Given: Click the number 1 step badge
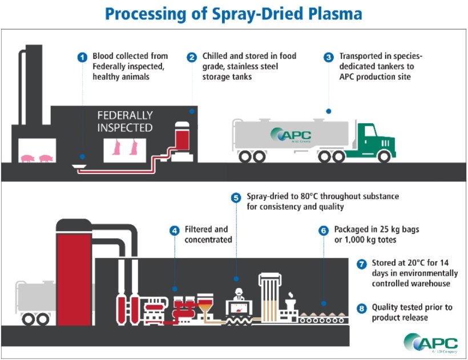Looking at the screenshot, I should (83, 57).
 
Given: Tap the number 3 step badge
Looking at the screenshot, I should (328, 57).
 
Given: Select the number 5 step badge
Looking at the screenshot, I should (236, 197).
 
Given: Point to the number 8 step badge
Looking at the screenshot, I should (361, 309).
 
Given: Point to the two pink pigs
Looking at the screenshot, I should (35, 157).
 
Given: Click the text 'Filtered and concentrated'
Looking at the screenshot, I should (208, 234).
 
